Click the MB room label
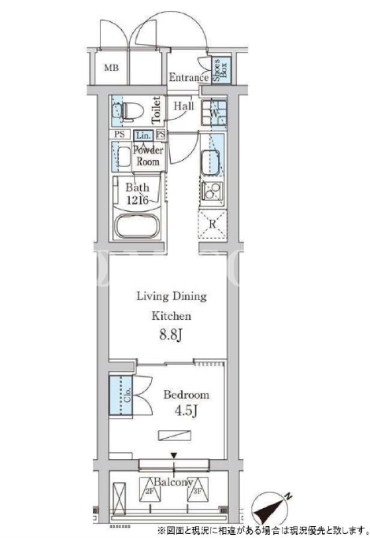(112, 68)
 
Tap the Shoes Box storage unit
(220, 71)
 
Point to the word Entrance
(189, 77)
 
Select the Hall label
(183, 106)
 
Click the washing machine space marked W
(213, 113)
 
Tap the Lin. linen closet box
(143, 135)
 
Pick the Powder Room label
(148, 156)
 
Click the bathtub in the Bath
(137, 226)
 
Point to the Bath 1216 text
(137, 194)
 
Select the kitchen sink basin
(210, 162)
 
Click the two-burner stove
(212, 191)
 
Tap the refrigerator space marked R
(213, 224)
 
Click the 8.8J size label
(170, 335)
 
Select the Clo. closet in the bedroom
(120, 395)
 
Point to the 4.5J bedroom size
(186, 410)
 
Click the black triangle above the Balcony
(174, 455)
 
